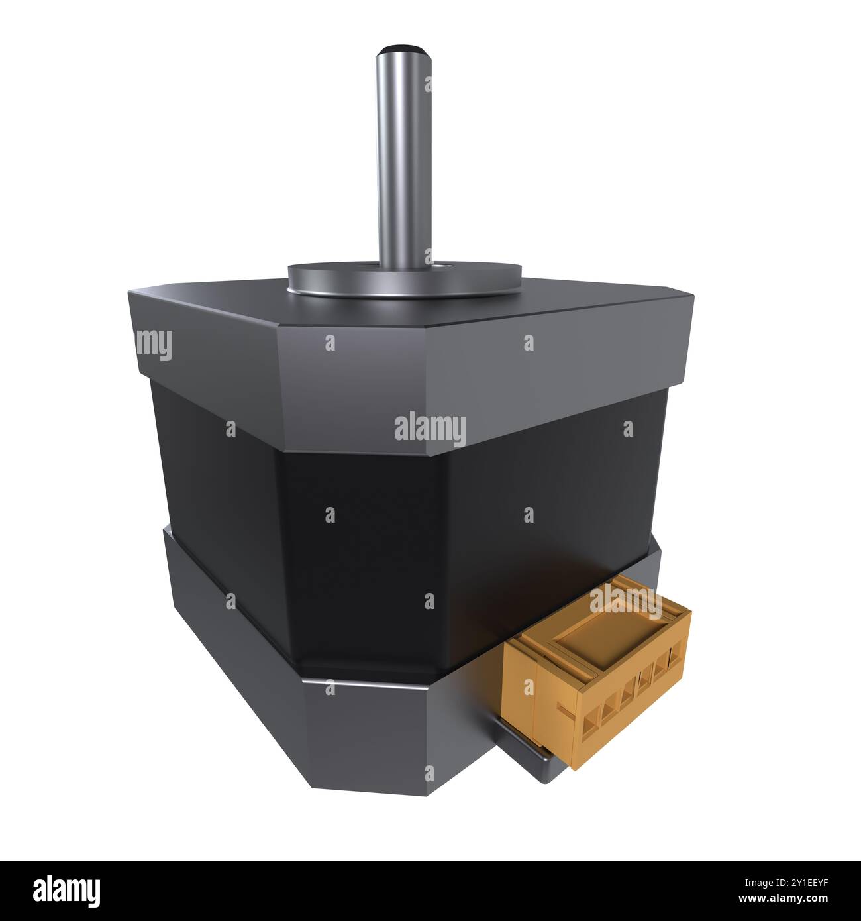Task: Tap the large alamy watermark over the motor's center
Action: pos(430,429)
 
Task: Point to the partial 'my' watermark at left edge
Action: pos(154,345)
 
